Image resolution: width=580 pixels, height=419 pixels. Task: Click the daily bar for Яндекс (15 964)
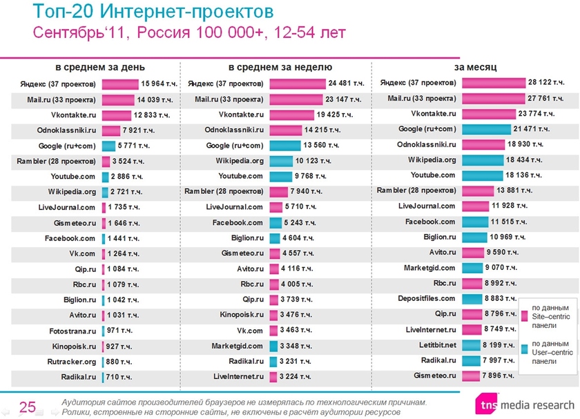point(120,84)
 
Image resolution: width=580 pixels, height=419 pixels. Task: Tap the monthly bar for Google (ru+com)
point(485,129)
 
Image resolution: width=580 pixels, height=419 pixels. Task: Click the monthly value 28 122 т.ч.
point(530,82)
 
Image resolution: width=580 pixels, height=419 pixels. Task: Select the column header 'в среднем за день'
point(100,67)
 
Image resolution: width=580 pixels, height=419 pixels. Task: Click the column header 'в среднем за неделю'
point(280,67)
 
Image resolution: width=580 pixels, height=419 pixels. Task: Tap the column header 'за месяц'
point(475,67)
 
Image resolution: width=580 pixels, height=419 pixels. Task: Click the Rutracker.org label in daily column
point(72,362)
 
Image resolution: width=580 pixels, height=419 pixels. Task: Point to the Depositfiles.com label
point(427,299)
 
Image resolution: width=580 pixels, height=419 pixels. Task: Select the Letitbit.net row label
point(436,345)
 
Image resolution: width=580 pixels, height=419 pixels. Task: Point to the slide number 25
point(28,407)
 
